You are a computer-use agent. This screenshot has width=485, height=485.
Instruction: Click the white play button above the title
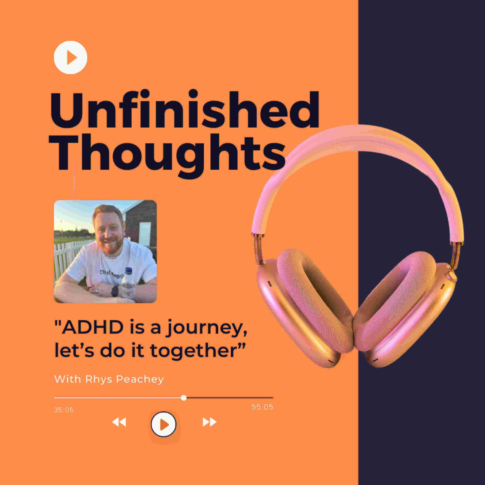point(70,58)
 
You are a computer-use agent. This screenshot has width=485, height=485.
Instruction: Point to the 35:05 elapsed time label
point(64,410)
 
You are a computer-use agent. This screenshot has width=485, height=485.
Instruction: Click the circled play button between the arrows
point(163,424)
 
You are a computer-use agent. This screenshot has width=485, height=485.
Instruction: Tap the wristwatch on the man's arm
point(114,291)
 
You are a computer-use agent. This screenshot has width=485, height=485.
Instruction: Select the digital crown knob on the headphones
point(451,276)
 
